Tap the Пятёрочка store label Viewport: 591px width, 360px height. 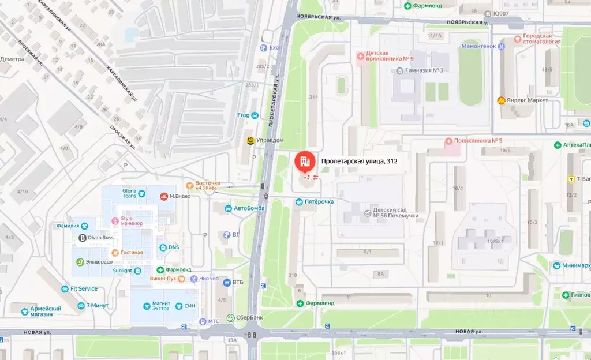pyautogui.click(x=319, y=202)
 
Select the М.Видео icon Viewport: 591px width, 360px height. pyautogui.click(x=164, y=196)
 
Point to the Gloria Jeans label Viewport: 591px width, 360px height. pyautogui.click(x=129, y=193)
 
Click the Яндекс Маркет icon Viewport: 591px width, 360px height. pyautogui.click(x=502, y=100)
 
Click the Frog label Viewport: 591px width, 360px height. pyautogui.click(x=244, y=115)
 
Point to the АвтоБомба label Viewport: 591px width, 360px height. pyautogui.click(x=249, y=208)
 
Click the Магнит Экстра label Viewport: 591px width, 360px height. pyautogui.click(x=160, y=306)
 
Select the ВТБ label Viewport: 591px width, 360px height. pyautogui.click(x=238, y=282)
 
